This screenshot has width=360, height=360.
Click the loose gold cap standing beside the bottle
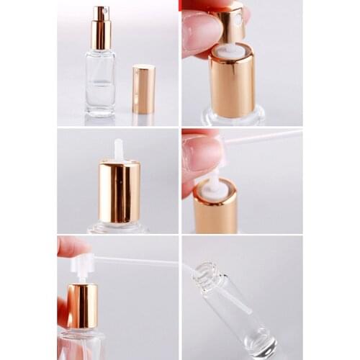[x=144, y=89]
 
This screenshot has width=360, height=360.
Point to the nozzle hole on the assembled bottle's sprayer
[x=106, y=12]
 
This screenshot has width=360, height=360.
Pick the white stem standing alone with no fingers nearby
[x=119, y=150]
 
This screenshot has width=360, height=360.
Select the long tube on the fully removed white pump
[x=137, y=261]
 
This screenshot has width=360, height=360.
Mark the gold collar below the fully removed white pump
[x=82, y=306]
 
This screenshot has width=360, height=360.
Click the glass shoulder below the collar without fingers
[x=119, y=228]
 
